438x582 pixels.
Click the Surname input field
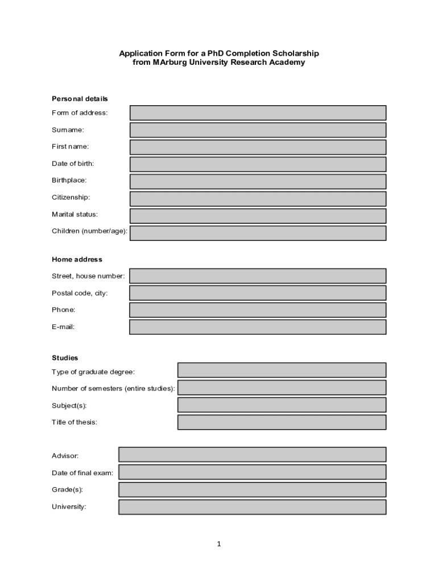click(x=258, y=130)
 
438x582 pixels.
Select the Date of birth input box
click(x=258, y=164)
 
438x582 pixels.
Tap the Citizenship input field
click(x=258, y=198)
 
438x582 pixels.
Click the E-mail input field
click(x=258, y=327)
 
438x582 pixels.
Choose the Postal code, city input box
click(x=258, y=293)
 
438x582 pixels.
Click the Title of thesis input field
click(x=282, y=422)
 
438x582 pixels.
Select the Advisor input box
click(x=252, y=454)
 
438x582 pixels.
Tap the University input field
click(x=252, y=507)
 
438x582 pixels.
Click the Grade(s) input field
click(x=252, y=489)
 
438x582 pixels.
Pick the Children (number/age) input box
click(x=258, y=233)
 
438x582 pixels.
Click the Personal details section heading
click(x=80, y=99)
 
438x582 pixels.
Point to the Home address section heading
click(x=77, y=259)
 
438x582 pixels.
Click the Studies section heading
click(x=65, y=358)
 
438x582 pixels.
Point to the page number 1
click(x=219, y=544)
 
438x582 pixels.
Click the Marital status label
click(x=75, y=214)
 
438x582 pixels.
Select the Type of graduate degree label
click(x=93, y=372)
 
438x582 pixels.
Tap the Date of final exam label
click(x=82, y=473)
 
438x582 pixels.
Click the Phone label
click(x=63, y=310)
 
